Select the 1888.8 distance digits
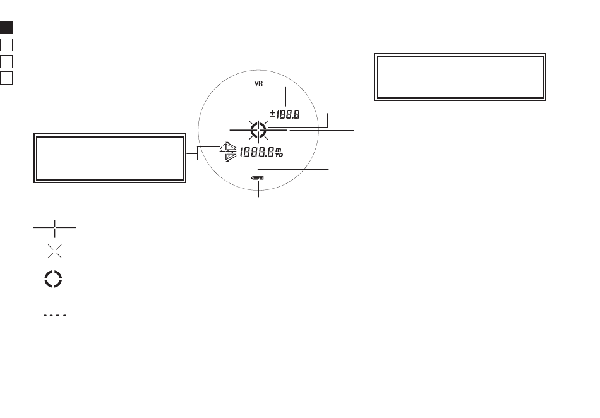click(x=256, y=152)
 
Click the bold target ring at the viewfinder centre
click(x=258, y=131)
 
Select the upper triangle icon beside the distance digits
click(x=227, y=148)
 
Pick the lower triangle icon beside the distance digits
click(x=228, y=157)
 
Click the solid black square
click(x=6, y=28)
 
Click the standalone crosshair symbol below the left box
click(x=55, y=227)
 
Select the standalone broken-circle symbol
click(x=55, y=279)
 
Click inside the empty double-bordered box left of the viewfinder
click(x=109, y=158)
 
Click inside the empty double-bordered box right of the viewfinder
click(x=460, y=76)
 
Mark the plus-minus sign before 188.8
click(x=273, y=114)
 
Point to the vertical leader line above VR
click(x=258, y=69)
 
